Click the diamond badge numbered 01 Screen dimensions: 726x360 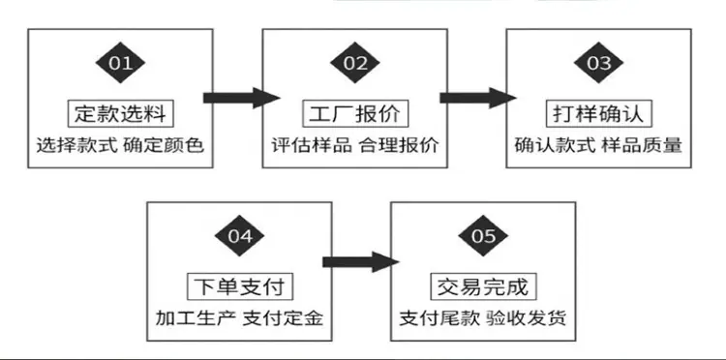pos(120,63)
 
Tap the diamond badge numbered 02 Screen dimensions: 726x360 pos(355,63)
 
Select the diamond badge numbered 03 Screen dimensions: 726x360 pos(598,63)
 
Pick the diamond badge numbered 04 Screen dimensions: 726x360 pos(239,236)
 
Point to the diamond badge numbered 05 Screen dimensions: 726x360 pos(483,236)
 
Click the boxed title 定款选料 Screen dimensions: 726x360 pos(120,113)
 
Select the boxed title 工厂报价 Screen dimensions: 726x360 pos(355,113)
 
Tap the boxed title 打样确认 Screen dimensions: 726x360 pos(598,113)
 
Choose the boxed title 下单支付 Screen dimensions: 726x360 pos(240,286)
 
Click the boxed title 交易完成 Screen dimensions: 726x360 pos(483,286)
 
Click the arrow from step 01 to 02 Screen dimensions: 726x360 pos(242,98)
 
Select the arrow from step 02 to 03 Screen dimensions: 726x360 pos(478,98)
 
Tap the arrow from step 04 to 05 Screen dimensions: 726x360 pos(361,262)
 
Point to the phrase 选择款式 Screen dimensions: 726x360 pos(76,146)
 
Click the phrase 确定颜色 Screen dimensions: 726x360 pos(164,146)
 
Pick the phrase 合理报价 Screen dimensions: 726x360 pos(399,146)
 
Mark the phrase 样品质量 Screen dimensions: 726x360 pos(642,146)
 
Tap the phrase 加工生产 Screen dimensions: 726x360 pos(196,318)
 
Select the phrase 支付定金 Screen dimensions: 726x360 pos(283,318)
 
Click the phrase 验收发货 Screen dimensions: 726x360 pos(527,318)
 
